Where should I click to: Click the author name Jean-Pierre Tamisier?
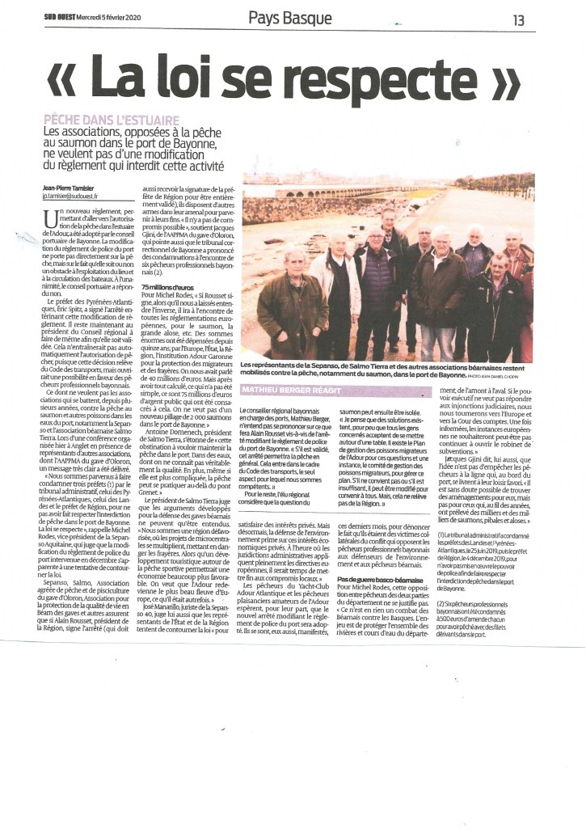[70, 187]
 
